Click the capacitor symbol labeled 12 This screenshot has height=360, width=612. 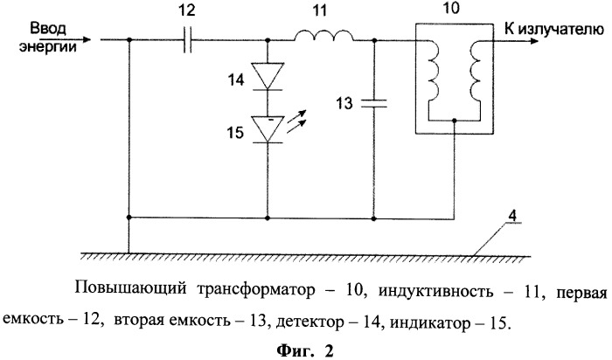(188, 40)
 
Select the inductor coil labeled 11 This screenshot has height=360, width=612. (323, 36)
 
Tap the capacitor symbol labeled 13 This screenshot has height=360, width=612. (373, 103)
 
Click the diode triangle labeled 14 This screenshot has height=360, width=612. (268, 76)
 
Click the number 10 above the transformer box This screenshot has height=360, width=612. (452, 8)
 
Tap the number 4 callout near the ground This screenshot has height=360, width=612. (513, 215)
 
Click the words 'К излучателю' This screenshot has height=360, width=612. (554, 29)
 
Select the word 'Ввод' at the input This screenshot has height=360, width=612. (48, 29)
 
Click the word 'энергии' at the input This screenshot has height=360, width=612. (47, 47)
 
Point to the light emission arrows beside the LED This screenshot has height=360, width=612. (296, 121)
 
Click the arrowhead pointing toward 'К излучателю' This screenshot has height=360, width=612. (532, 40)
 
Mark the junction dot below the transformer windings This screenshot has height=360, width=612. (454, 121)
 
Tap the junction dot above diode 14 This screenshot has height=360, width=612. (268, 40)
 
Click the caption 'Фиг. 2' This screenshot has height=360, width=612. (305, 350)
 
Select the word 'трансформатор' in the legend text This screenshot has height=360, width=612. (256, 291)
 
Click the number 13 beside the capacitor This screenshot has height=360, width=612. (344, 103)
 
